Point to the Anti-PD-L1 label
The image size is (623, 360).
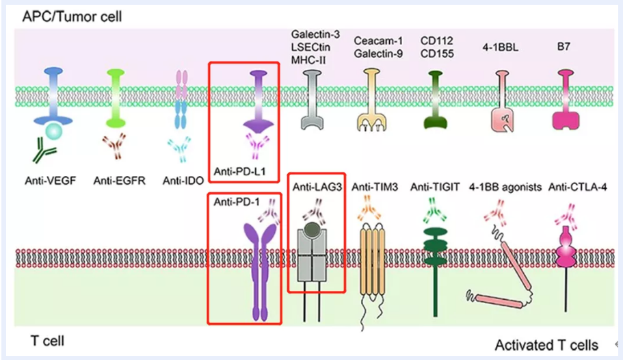(242, 172)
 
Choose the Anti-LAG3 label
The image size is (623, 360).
(315, 186)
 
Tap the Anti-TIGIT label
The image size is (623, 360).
(435, 186)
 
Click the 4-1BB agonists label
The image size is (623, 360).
(505, 186)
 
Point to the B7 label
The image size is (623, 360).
(566, 49)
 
